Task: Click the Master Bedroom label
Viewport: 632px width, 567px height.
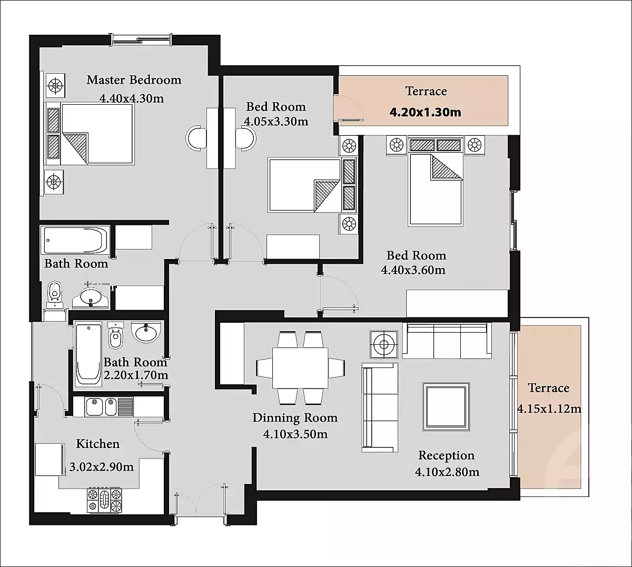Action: coord(134,80)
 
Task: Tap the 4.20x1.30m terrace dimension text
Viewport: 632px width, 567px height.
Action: coord(425,112)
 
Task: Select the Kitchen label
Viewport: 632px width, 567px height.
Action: coord(97,444)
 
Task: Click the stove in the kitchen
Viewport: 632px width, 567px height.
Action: coord(104,500)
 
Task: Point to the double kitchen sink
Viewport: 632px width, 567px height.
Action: coord(110,407)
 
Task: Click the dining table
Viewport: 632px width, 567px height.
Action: coord(300,367)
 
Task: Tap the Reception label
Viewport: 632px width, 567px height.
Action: coord(447,455)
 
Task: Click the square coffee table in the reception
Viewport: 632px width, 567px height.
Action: coord(446,407)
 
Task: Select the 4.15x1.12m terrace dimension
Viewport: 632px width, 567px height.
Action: coord(549,409)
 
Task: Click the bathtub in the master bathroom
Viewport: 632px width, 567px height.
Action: coord(75,241)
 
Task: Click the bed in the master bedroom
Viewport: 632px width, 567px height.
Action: coord(90,134)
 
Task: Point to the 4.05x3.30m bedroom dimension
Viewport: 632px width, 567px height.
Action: coord(276,121)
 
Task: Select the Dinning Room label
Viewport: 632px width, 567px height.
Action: coord(295,418)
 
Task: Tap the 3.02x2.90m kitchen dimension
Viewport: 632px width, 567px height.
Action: coord(101,467)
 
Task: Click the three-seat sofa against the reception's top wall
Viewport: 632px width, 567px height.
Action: coord(447,341)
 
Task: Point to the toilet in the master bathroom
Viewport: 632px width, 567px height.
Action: coord(55,295)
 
